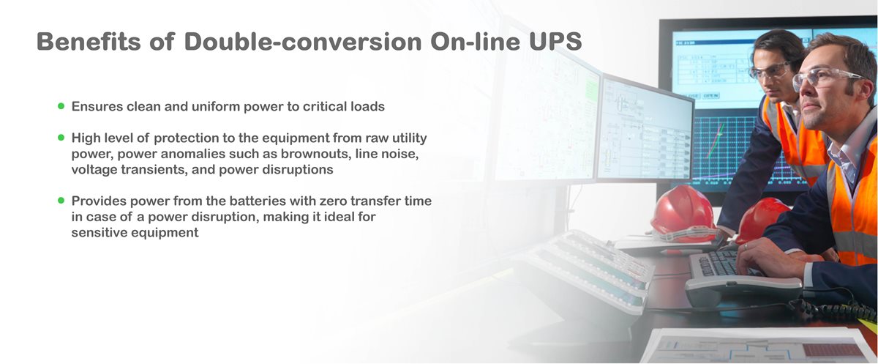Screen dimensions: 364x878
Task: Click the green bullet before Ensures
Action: coord(61,106)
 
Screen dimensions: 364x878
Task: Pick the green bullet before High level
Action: coord(61,137)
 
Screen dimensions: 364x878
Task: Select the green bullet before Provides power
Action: coord(61,200)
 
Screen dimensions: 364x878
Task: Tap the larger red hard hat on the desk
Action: coord(681,212)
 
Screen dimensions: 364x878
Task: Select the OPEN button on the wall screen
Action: coord(710,95)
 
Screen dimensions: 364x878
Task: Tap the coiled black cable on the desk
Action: coord(834,308)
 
